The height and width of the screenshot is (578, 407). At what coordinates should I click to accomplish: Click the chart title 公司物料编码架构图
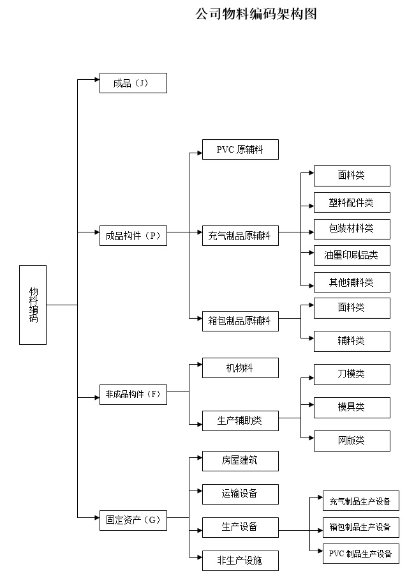click(256, 15)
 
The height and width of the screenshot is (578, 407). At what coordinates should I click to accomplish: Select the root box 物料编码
click(33, 305)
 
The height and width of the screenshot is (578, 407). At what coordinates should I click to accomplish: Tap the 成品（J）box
click(133, 83)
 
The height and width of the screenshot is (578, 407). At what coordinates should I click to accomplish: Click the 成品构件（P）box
click(133, 236)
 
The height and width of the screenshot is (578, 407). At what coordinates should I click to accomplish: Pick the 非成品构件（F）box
click(133, 394)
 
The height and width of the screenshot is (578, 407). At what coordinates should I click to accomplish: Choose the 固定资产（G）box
click(133, 520)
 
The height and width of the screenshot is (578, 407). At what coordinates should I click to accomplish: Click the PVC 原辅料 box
click(240, 149)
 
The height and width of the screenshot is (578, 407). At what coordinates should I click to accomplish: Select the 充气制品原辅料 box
click(240, 236)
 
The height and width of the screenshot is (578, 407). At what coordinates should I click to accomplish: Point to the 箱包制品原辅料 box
click(240, 321)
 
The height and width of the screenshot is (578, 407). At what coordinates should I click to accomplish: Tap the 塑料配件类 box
click(352, 202)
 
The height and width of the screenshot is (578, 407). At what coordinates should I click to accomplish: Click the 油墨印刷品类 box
click(352, 255)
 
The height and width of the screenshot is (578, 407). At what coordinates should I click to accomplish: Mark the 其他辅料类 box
click(352, 282)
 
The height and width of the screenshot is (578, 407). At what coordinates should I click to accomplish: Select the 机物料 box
click(240, 368)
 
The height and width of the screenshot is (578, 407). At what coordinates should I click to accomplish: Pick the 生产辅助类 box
click(240, 420)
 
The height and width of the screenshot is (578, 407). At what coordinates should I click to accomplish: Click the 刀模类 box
click(352, 374)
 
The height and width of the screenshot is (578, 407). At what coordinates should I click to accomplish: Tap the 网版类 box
click(352, 441)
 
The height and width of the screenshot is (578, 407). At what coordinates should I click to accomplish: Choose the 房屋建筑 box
click(240, 460)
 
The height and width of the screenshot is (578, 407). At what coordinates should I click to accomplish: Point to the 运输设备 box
click(240, 494)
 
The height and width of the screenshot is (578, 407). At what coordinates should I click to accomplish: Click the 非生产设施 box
click(240, 560)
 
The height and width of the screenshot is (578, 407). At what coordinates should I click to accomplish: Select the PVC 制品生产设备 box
click(360, 554)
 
